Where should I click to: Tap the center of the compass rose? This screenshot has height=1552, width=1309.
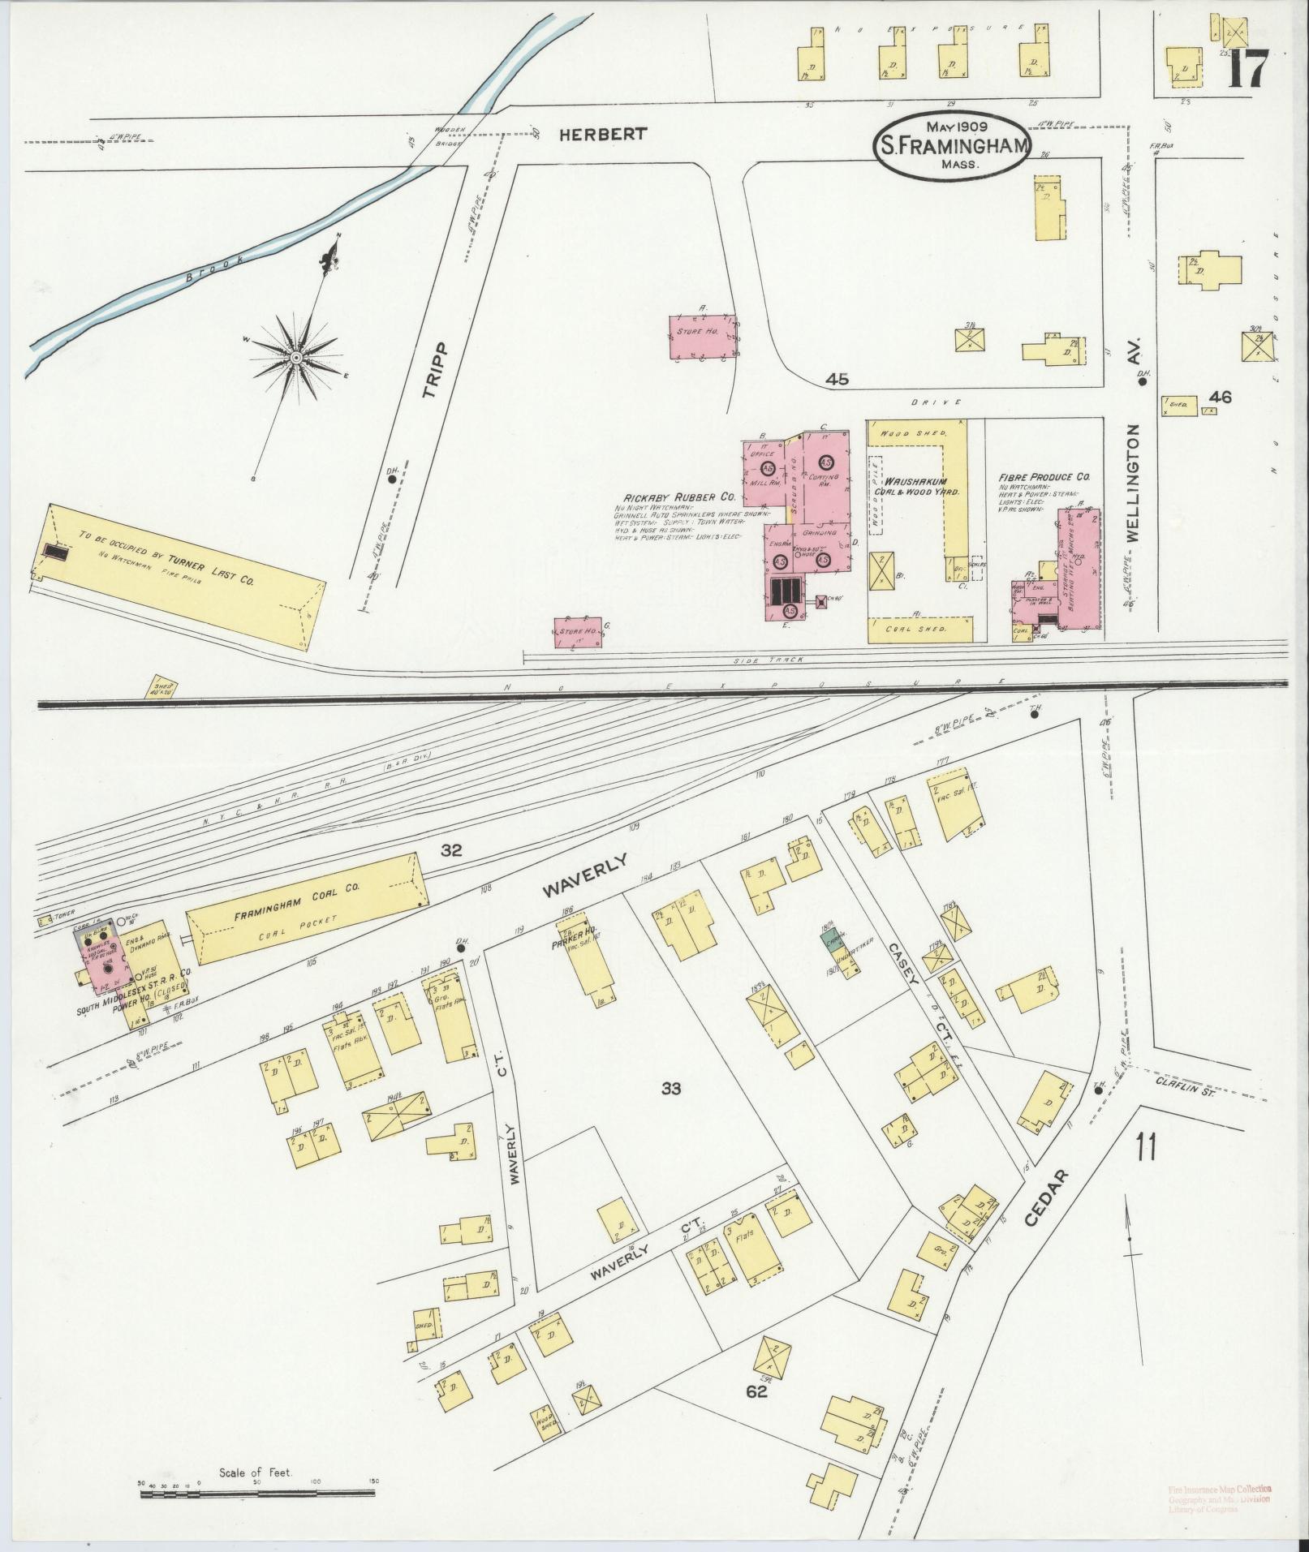tap(296, 358)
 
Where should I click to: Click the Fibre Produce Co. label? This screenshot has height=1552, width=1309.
tap(1044, 477)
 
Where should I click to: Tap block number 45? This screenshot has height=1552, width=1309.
tap(837, 379)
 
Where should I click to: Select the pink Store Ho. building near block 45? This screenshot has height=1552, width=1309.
tap(702, 336)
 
